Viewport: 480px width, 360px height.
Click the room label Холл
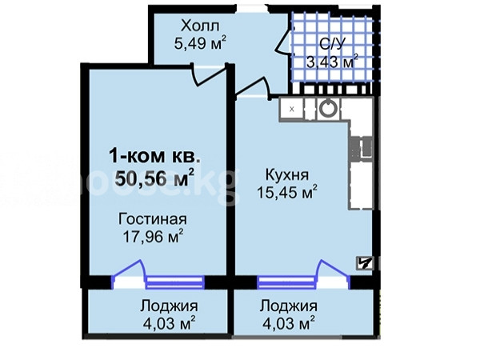click(200, 26)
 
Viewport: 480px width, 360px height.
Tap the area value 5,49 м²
click(201, 43)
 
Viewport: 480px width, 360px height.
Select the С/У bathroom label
click(332, 44)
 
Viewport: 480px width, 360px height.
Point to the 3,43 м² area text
click(333, 62)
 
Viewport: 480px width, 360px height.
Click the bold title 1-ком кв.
click(155, 157)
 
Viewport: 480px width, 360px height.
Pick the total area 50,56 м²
click(154, 178)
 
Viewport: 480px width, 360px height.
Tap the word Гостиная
click(153, 219)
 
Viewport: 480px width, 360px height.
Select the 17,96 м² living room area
click(153, 236)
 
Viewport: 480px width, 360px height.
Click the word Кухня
click(287, 174)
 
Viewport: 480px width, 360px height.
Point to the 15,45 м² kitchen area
click(287, 192)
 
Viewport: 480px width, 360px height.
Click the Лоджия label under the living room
click(169, 306)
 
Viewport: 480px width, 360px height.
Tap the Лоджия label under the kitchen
click(288, 306)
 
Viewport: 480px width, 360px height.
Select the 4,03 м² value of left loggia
click(170, 323)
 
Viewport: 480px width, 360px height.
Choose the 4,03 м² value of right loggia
click(289, 323)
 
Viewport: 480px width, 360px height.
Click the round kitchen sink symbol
click(329, 108)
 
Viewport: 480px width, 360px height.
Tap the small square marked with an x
click(292, 109)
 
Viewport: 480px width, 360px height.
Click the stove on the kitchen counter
click(362, 149)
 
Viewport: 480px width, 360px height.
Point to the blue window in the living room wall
click(174, 282)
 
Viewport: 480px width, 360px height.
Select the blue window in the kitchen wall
click(286, 282)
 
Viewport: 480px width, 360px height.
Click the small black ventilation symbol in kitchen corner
click(365, 263)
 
